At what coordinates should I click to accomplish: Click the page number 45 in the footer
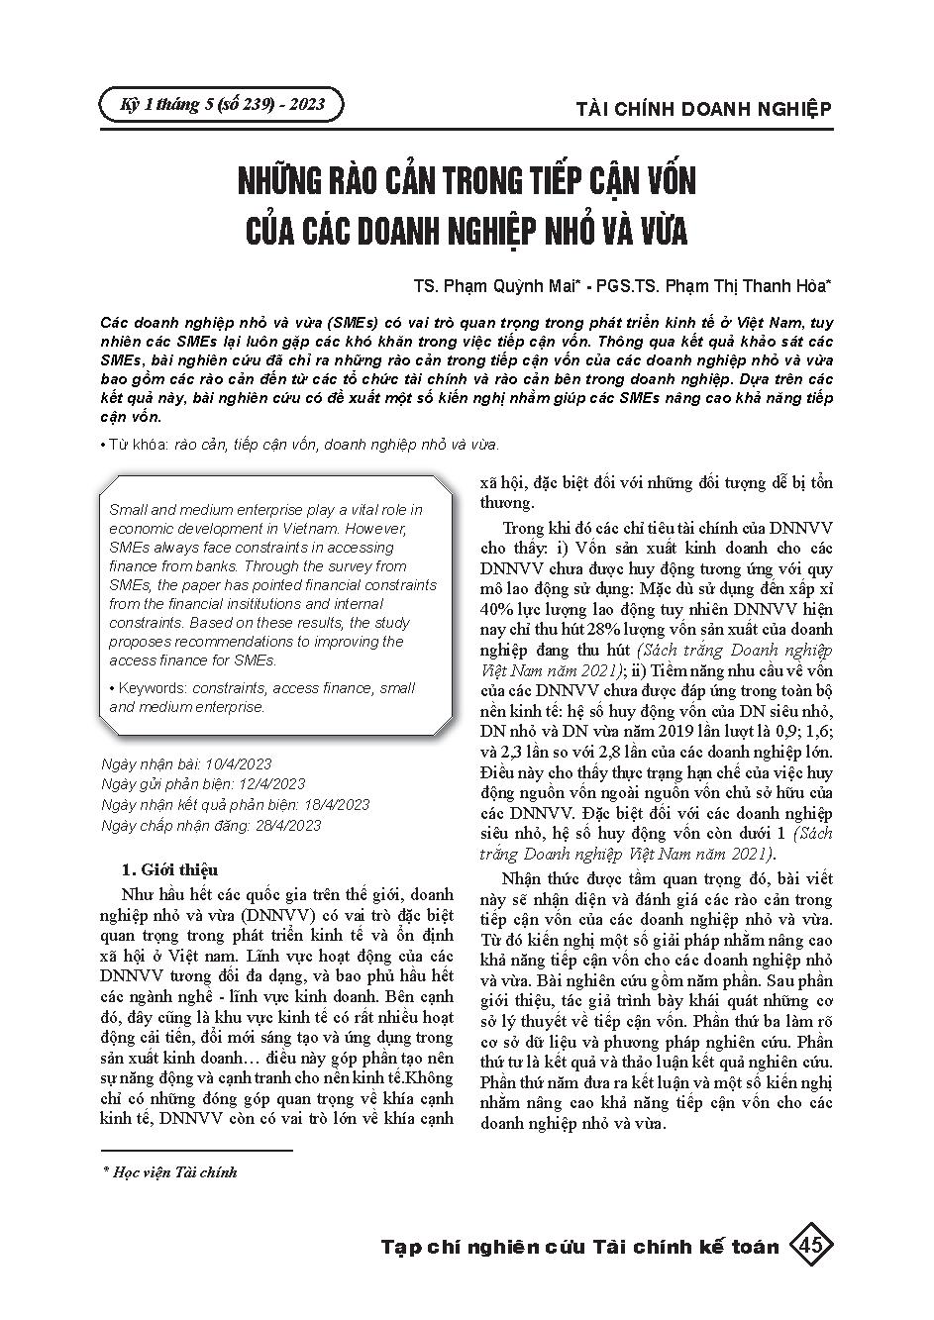click(x=810, y=1245)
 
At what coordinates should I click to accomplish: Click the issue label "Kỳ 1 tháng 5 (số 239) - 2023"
click(x=221, y=104)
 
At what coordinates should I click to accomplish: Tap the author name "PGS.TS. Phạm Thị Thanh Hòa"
click(x=709, y=286)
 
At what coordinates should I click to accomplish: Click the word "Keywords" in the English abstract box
click(x=154, y=688)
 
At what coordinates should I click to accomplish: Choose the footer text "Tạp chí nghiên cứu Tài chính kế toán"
click(x=579, y=1247)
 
